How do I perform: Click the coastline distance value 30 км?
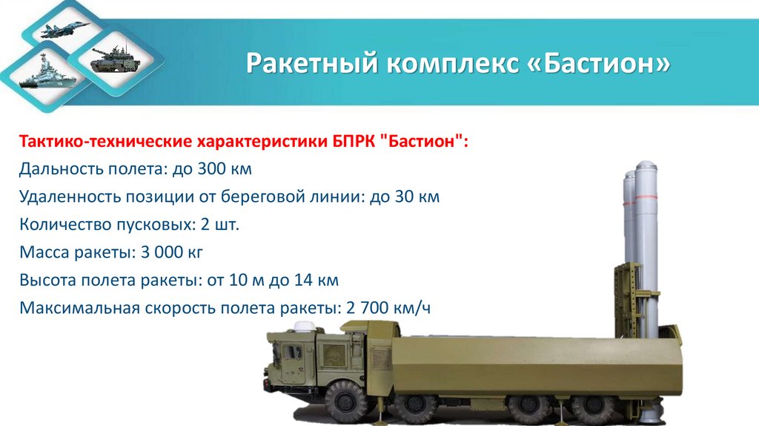420,197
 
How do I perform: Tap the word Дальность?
59,169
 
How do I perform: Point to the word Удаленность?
66,197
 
